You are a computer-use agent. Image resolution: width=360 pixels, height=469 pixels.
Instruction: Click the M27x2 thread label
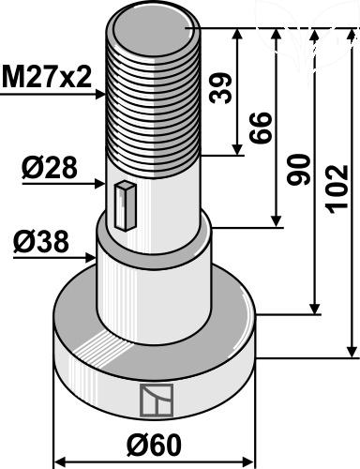coord(47,77)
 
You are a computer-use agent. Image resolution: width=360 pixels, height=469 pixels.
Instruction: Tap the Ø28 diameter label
coord(50,168)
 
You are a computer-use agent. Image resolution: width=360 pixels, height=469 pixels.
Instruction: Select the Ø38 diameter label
coord(41,241)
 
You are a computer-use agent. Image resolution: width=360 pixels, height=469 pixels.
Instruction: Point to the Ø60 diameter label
coord(154,445)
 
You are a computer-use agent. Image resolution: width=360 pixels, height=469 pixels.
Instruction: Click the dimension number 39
coord(220,88)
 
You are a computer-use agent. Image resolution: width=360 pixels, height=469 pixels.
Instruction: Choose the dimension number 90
coord(299,169)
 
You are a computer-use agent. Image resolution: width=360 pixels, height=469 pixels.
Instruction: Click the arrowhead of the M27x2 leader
coord(100,94)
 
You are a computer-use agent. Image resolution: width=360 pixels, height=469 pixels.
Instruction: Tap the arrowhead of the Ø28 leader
coord(100,184)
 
